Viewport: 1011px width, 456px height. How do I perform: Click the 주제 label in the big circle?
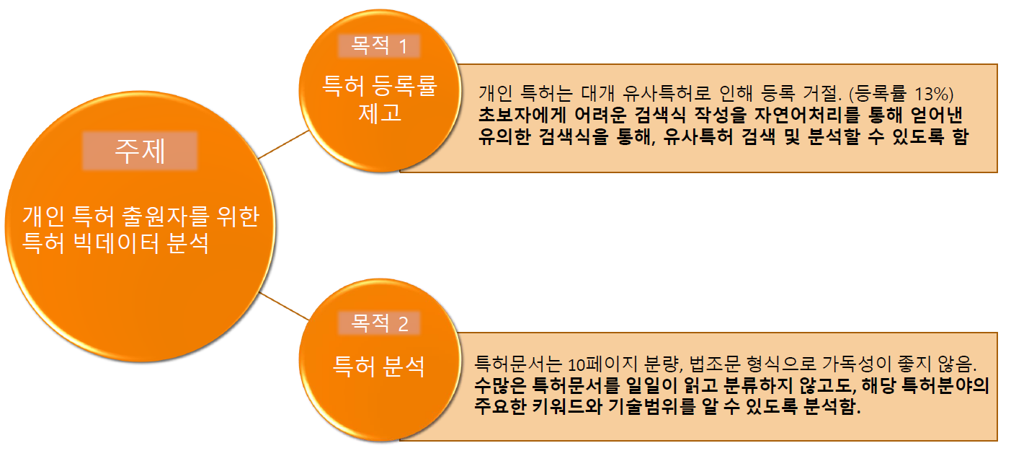[x=140, y=152]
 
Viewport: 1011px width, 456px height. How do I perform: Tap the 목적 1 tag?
[x=379, y=47]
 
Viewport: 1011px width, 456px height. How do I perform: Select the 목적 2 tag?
[x=379, y=324]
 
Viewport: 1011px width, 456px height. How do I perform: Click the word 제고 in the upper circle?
[x=379, y=113]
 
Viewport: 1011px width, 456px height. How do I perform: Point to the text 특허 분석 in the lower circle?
[x=378, y=367]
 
